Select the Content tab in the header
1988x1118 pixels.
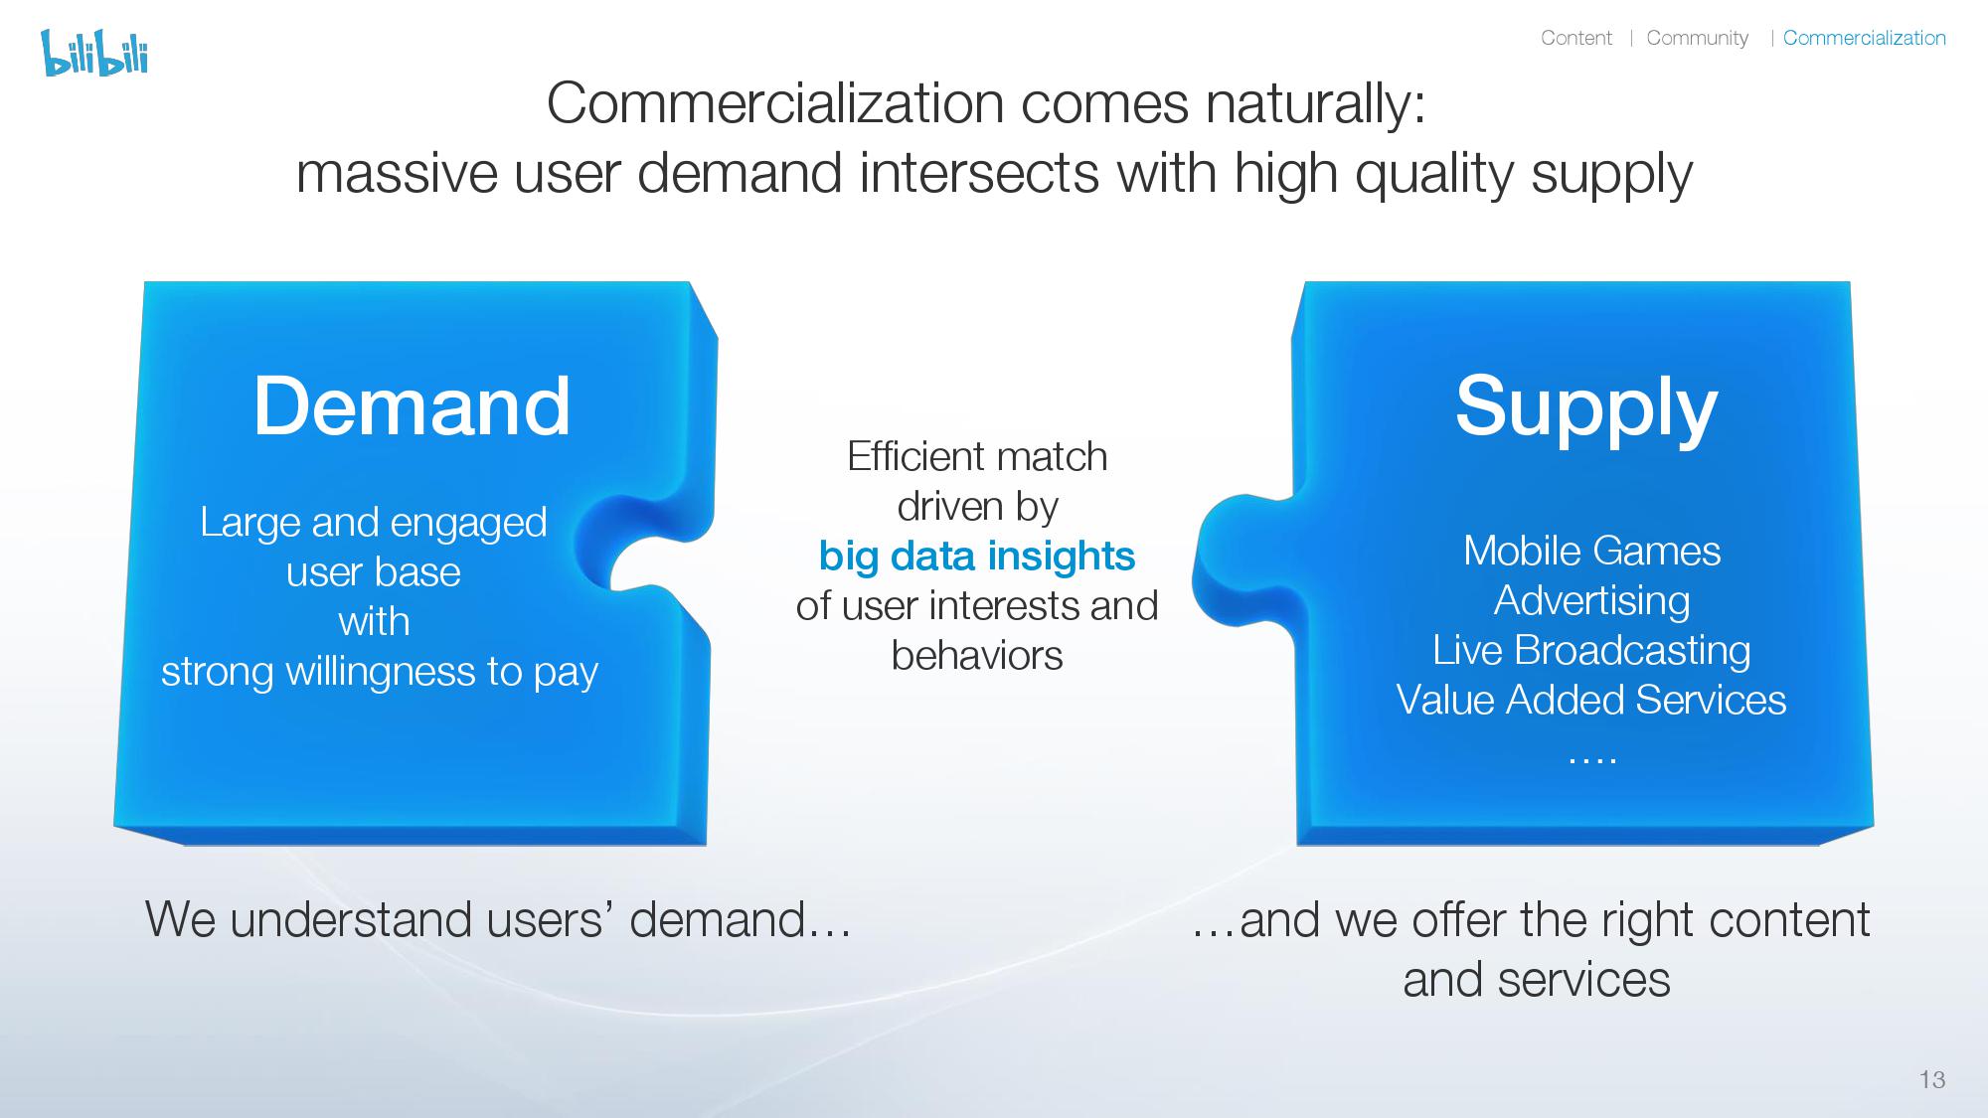[1576, 38]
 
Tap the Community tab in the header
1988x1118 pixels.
[1697, 38]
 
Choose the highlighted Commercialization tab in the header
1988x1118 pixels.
[1864, 38]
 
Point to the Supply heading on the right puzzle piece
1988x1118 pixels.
[1586, 407]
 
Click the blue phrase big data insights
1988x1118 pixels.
[977, 557]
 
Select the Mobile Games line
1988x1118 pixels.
[1591, 551]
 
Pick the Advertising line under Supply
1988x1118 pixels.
[1591, 601]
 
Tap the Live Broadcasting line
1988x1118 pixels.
[1591, 651]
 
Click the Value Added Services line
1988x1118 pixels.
[1591, 700]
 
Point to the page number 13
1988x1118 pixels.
[1932, 1080]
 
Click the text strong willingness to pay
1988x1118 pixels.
[380, 672]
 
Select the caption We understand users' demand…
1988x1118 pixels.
[498, 919]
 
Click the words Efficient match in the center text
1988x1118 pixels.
[977, 457]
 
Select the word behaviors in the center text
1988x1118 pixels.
[977, 656]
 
